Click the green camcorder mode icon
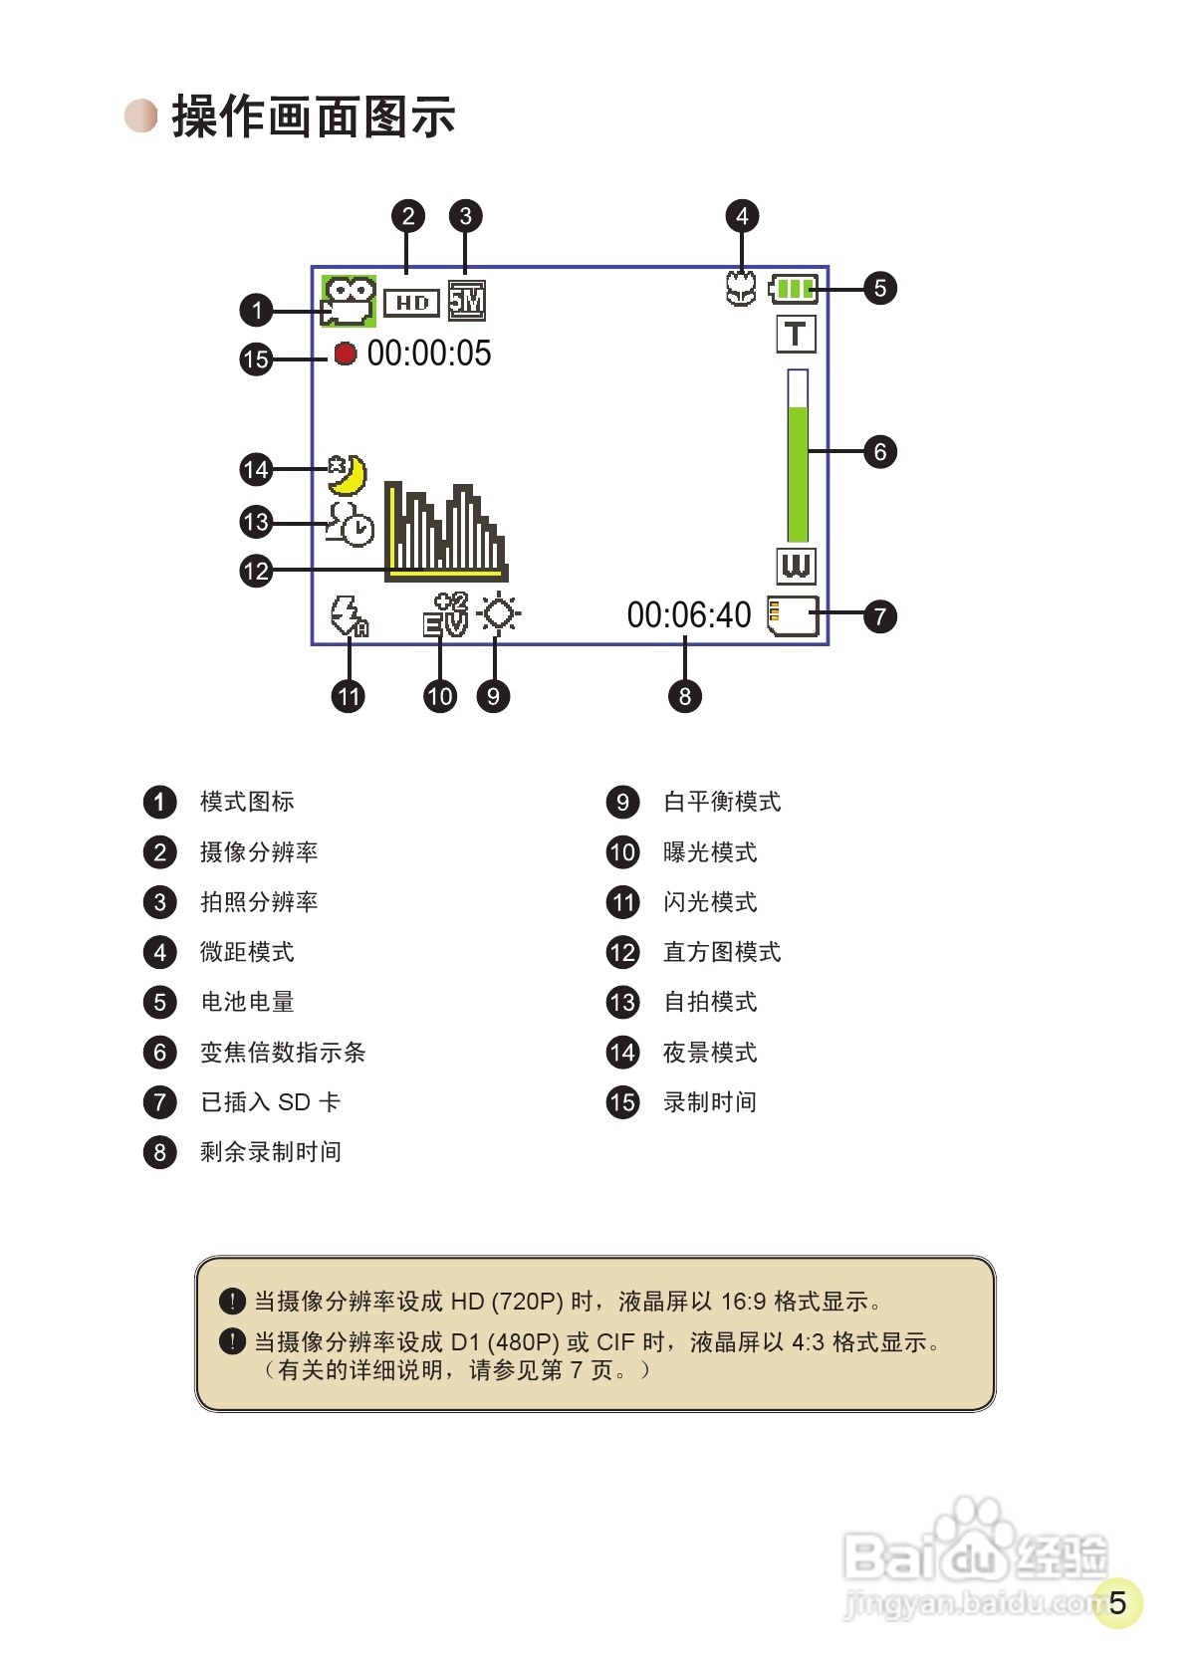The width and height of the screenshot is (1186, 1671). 348,301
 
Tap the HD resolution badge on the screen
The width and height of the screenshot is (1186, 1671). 411,303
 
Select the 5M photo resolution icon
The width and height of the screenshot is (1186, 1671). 466,301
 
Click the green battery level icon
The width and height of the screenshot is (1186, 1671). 794,290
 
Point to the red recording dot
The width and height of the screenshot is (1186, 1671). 345,354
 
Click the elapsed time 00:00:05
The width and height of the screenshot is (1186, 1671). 429,354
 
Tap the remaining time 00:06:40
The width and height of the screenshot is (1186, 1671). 689,615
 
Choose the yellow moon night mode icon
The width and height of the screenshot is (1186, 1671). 348,475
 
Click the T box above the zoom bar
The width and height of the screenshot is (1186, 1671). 796,335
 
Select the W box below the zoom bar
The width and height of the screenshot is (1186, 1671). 796,566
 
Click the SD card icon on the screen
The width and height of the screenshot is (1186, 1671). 793,615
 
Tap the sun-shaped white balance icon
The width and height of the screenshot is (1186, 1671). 499,613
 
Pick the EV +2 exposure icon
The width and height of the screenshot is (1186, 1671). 445,614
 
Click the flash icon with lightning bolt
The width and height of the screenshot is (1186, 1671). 349,615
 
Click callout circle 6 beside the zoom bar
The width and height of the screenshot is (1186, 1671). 879,452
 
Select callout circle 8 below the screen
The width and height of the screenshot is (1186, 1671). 684,696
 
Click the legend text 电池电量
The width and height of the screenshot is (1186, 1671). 247,1002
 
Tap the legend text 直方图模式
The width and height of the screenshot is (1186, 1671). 722,952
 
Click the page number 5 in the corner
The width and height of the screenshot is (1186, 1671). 1117,1602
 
